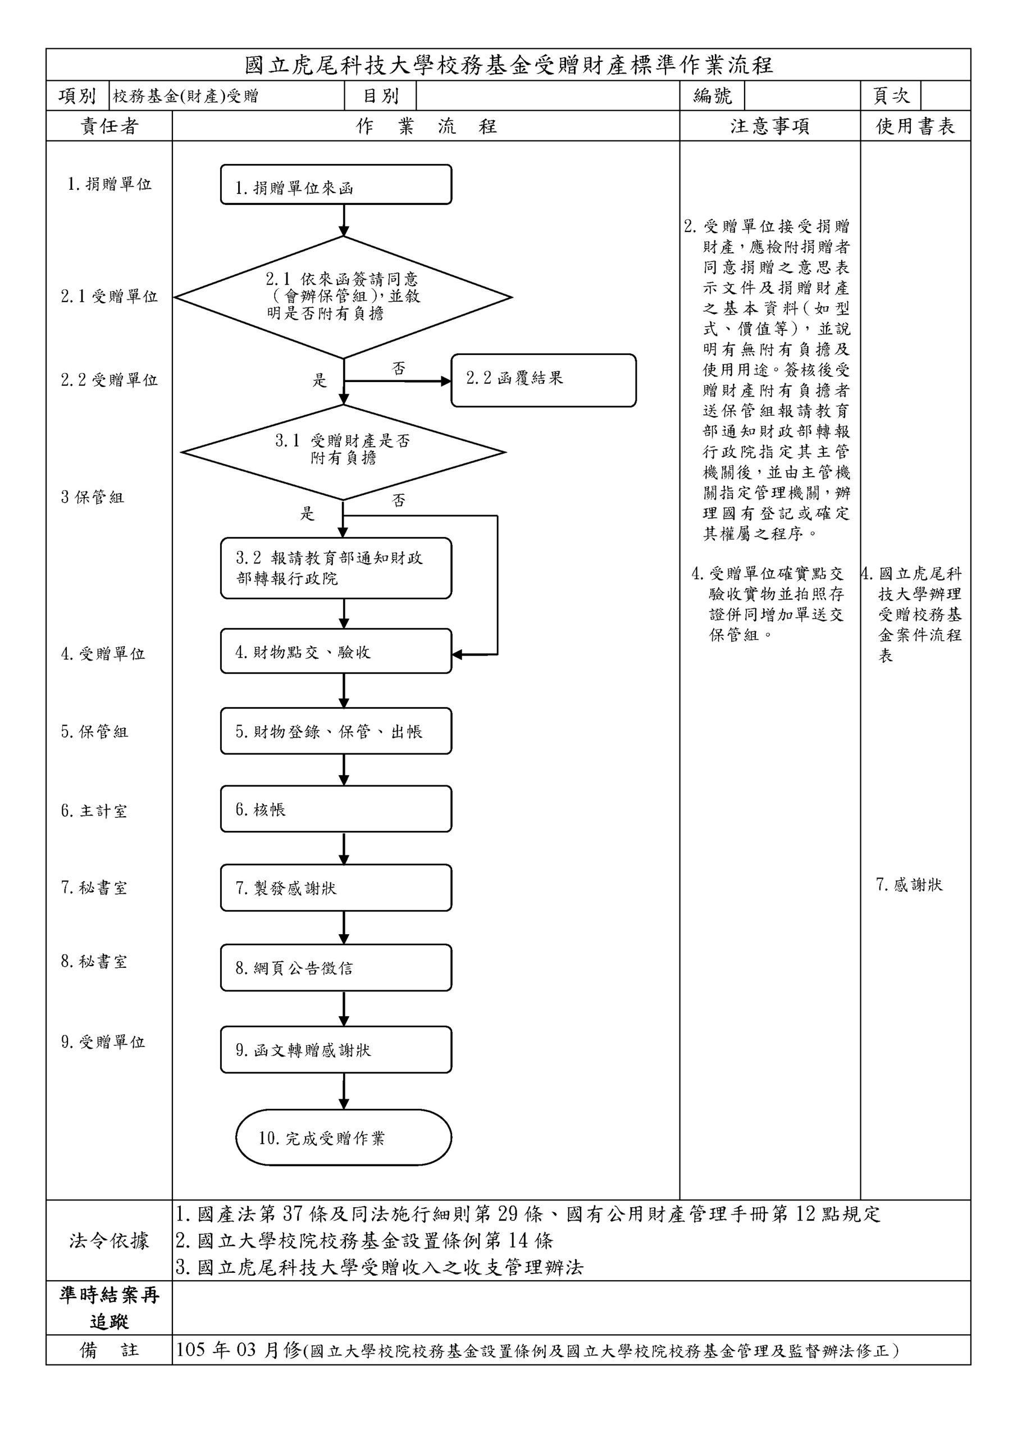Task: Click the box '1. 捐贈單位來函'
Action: click(x=336, y=185)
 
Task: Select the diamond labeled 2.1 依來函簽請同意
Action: click(x=343, y=297)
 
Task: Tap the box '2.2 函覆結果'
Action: click(x=543, y=380)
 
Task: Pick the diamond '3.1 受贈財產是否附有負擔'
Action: click(x=343, y=452)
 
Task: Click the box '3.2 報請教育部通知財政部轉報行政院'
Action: click(x=336, y=568)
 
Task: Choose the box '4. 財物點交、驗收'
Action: click(x=336, y=652)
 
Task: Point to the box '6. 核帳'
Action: click(x=336, y=809)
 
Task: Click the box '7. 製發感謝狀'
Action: click(x=336, y=888)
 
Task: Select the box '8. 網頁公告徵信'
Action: click(x=336, y=968)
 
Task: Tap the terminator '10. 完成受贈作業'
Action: click(x=343, y=1138)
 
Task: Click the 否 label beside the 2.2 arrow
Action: click(x=399, y=368)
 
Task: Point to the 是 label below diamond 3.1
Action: click(x=307, y=513)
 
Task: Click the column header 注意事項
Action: click(x=770, y=126)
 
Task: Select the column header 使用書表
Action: click(x=915, y=126)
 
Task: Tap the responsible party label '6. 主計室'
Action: click(x=94, y=811)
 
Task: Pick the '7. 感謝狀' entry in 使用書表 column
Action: click(x=909, y=884)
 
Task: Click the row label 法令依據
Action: click(x=109, y=1240)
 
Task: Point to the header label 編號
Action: click(x=712, y=96)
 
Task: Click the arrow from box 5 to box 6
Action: click(x=343, y=770)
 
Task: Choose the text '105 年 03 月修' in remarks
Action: click(x=238, y=1350)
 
